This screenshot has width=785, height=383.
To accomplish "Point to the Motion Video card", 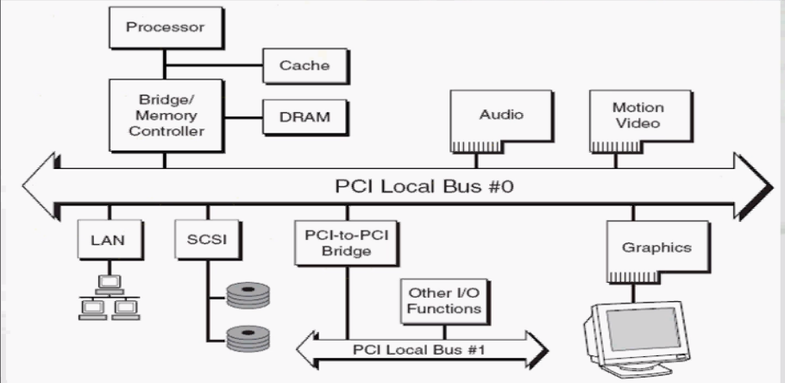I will [x=637, y=116].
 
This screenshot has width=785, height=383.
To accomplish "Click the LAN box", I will [x=109, y=241].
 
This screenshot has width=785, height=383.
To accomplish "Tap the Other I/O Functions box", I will [x=444, y=299].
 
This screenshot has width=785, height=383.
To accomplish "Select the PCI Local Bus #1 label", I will [x=420, y=350].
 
